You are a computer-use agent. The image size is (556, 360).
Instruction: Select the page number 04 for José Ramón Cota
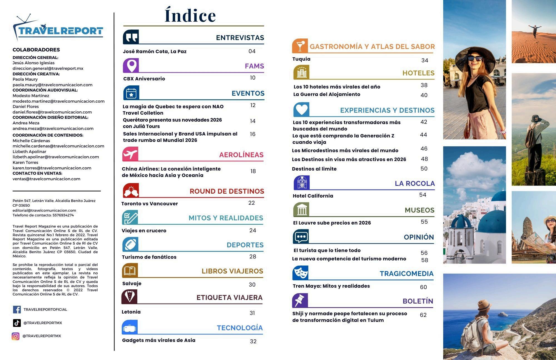[x=252, y=51]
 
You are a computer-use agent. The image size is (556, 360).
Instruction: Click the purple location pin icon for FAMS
[x=131, y=66]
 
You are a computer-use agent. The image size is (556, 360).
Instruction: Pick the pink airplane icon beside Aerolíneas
[x=130, y=154]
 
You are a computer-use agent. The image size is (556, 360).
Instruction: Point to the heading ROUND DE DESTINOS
[x=227, y=191]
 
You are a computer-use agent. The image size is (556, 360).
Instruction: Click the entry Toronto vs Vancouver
[x=150, y=204]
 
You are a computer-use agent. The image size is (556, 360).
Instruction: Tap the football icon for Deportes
[x=130, y=245]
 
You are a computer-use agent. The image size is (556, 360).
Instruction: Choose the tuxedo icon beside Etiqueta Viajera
[x=129, y=297]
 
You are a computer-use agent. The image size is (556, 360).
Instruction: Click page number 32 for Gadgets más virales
[x=253, y=341]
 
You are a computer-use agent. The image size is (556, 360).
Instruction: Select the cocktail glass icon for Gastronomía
[x=300, y=46]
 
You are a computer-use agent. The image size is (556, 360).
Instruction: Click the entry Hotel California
[x=313, y=196]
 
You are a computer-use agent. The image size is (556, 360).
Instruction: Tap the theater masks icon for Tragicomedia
[x=300, y=273]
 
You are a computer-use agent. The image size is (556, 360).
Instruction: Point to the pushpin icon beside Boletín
[x=300, y=300]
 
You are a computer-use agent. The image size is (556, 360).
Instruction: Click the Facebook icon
[x=17, y=309]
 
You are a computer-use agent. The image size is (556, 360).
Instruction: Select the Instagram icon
[x=16, y=336]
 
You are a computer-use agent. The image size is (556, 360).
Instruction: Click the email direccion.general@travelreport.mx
[x=48, y=68]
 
